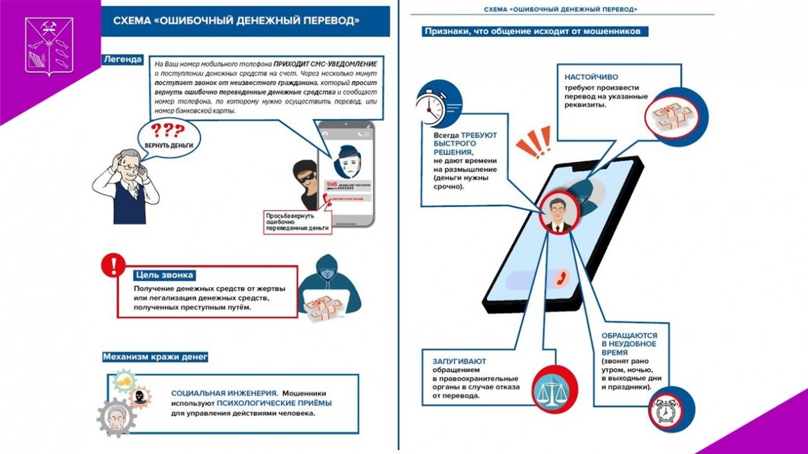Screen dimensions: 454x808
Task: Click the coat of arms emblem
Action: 49,46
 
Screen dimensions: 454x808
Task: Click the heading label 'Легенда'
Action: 122,60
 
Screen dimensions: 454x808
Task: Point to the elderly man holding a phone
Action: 126,186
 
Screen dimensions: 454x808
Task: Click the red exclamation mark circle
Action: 114,264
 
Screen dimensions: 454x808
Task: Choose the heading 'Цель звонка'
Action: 164,275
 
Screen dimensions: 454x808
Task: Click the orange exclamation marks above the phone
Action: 534,142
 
